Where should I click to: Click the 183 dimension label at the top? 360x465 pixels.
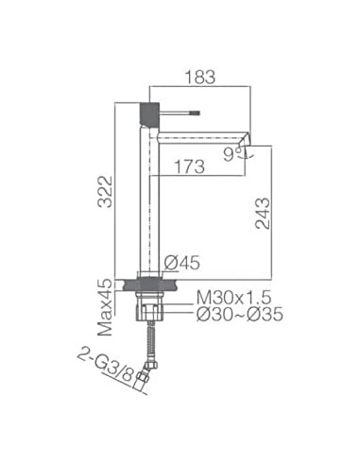200,77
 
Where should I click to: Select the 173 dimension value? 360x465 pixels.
189,166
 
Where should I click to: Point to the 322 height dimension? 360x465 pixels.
105,192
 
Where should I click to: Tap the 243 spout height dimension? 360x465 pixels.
263,214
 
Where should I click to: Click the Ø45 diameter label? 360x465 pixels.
181,263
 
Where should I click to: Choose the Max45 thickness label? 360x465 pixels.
105,307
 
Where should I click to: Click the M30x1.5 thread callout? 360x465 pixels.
233,298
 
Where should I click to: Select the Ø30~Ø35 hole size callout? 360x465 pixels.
240,315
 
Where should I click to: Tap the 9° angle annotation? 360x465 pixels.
231,155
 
